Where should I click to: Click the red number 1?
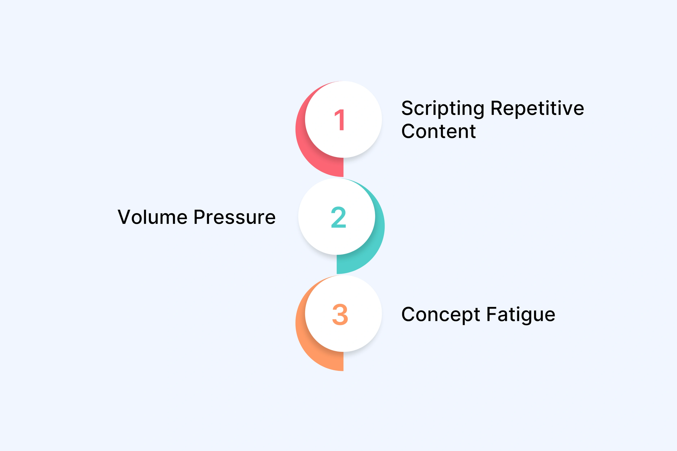pyautogui.click(x=340, y=120)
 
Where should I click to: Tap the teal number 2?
pyautogui.click(x=338, y=217)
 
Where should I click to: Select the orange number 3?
pyautogui.click(x=340, y=314)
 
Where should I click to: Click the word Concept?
pyautogui.click(x=440, y=315)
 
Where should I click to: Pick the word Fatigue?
pyautogui.click(x=521, y=315)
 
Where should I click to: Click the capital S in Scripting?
pyautogui.click(x=408, y=108)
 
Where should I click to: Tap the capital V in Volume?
pyautogui.click(x=125, y=217)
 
